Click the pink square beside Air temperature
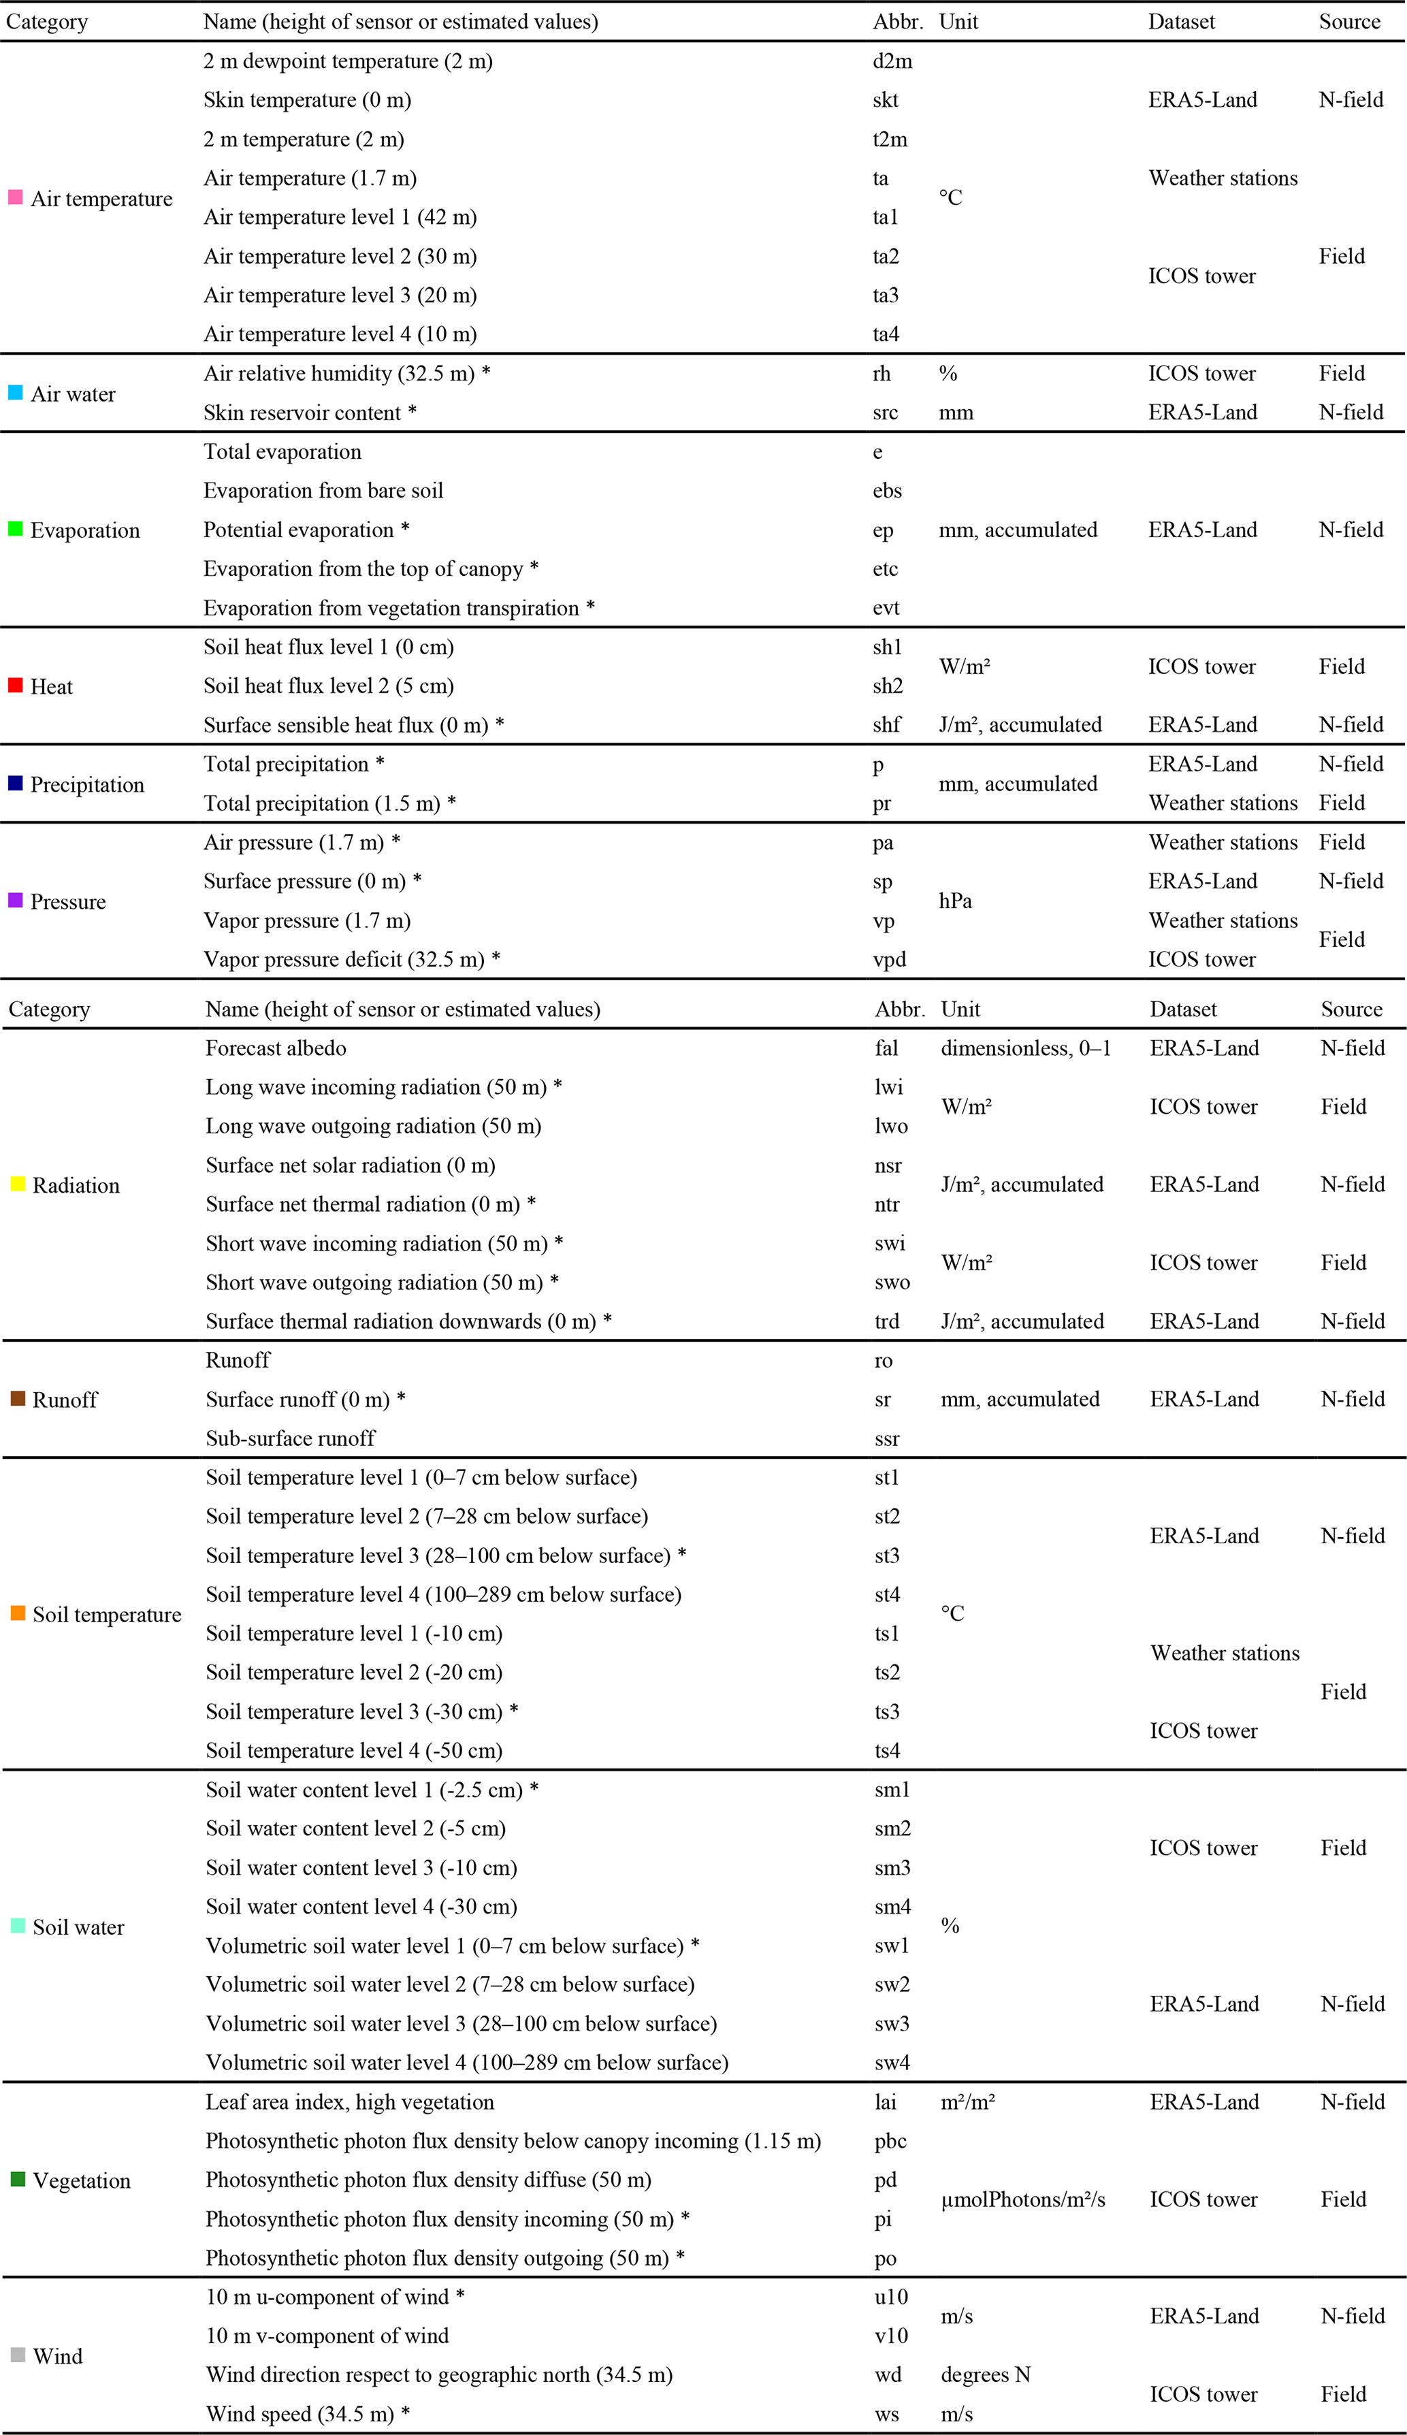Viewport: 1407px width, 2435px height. click(16, 197)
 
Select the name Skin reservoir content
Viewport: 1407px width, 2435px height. click(302, 413)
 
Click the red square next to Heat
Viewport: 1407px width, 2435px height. click(16, 685)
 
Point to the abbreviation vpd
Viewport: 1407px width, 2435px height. click(889, 960)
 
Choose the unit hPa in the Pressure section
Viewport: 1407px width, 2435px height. click(955, 901)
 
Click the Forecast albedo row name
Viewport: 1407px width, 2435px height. click(276, 1048)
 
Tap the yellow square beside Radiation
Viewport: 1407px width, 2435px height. click(18, 1184)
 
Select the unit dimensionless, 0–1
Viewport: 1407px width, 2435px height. click(1025, 1048)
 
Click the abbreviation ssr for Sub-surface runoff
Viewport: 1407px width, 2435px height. click(886, 1439)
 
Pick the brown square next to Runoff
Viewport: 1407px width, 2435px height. click(18, 1398)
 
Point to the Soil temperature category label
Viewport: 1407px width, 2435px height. click(106, 1615)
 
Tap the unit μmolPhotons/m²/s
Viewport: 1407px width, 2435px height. click(1022, 2200)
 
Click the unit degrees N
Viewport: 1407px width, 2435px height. click(985, 2375)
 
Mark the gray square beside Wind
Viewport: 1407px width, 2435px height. click(18, 2355)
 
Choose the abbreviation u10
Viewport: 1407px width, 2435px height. click(891, 2297)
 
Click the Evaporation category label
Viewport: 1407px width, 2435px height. click(85, 530)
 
